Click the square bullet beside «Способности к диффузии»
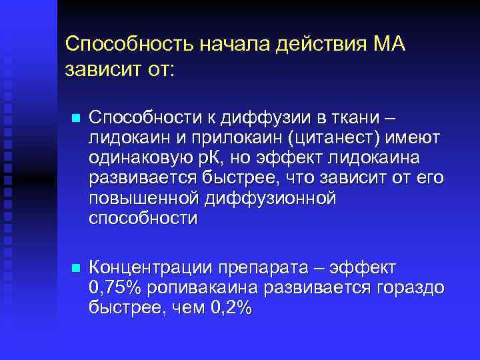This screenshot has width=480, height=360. (75, 119)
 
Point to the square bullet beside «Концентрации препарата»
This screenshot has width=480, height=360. (75, 268)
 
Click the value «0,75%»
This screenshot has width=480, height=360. (111, 288)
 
